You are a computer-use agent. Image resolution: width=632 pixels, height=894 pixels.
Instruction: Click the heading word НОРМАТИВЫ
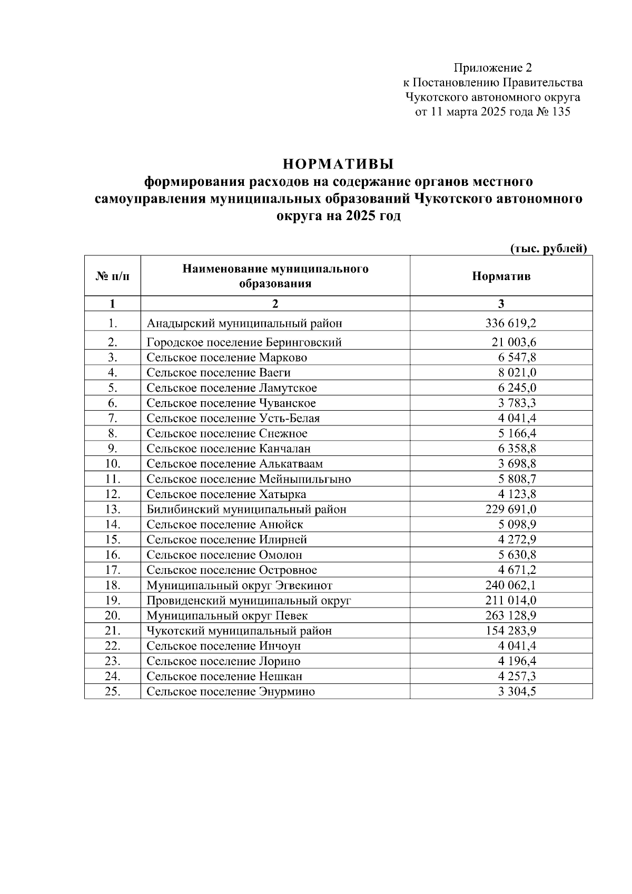tap(338, 164)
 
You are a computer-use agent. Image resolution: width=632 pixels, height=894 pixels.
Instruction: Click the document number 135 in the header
tap(560, 112)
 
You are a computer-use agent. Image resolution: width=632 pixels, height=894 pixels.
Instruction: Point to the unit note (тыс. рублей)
tap(548, 249)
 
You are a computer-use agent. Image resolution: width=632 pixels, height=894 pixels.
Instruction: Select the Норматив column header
tap(501, 276)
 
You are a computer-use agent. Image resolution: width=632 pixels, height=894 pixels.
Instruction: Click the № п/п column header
tap(112, 276)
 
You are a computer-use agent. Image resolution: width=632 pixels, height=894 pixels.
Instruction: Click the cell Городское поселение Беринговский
tap(244, 342)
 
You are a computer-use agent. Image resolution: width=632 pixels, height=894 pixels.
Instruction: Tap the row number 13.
tap(113, 509)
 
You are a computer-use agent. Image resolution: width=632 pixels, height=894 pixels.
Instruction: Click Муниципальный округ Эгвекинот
tap(239, 585)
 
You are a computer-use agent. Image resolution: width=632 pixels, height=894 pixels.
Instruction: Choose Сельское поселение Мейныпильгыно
tap(249, 479)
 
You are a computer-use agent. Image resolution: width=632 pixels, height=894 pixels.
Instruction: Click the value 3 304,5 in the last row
tap(517, 691)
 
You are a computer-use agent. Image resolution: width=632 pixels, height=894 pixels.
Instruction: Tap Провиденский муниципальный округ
tap(249, 600)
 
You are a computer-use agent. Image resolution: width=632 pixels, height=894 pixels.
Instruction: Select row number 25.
tap(113, 691)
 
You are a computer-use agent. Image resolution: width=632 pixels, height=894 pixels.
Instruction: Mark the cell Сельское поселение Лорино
tap(223, 661)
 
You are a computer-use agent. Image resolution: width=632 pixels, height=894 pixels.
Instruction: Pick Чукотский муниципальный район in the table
tap(239, 631)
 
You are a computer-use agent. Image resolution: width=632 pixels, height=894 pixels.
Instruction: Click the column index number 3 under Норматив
tap(501, 304)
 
